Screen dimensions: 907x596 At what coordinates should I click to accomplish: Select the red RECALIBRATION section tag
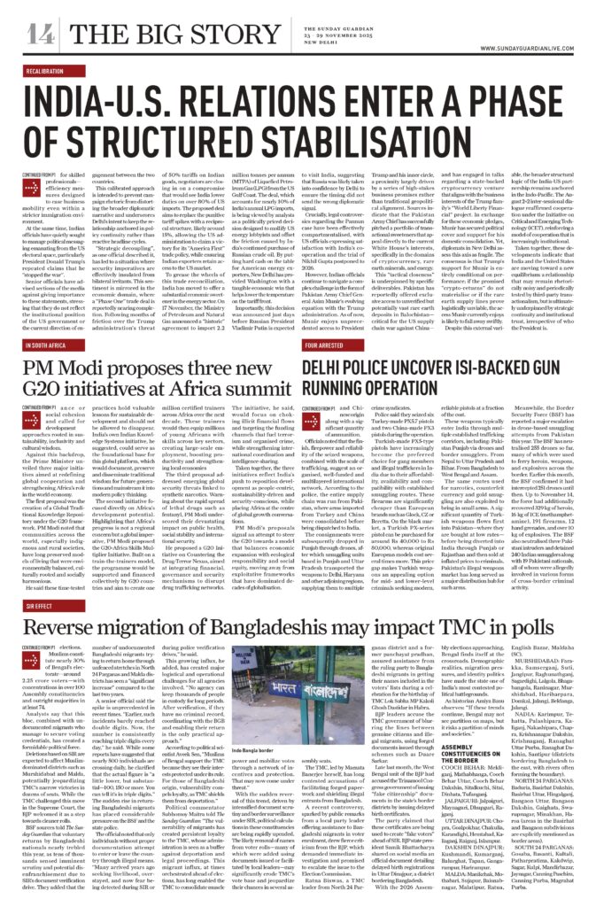click(45, 69)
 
